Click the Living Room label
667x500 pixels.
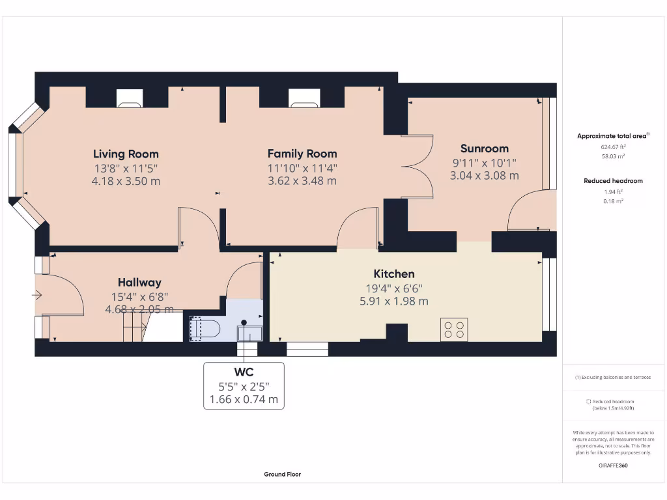point(126,154)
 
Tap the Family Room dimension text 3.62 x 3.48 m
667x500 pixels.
point(302,181)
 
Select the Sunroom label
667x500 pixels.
point(484,148)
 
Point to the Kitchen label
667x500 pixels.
point(393,274)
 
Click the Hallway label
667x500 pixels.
point(139,283)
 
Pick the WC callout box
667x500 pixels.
point(244,385)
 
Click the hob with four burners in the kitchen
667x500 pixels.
point(454,329)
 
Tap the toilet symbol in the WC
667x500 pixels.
point(205,328)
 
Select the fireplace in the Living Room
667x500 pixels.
point(129,98)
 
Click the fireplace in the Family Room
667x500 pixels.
point(302,98)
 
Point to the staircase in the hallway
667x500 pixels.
point(134,327)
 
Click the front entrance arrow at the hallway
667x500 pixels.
point(36,295)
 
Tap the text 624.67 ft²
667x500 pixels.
point(613,147)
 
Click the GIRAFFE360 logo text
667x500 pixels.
point(613,465)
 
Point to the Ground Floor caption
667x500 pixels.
point(282,475)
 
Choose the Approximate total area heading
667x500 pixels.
point(612,136)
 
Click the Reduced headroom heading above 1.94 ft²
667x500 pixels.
point(613,181)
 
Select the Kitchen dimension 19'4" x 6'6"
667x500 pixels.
point(393,288)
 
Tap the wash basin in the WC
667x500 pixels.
point(249,332)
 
